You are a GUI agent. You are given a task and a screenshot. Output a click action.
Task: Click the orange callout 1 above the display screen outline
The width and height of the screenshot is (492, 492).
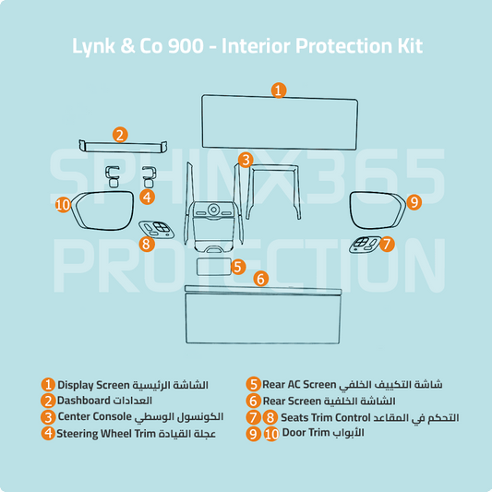279,90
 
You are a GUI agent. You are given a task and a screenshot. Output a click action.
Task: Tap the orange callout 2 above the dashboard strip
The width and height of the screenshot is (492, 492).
120,135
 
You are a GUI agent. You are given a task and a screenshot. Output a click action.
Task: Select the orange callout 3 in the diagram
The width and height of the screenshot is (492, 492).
246,160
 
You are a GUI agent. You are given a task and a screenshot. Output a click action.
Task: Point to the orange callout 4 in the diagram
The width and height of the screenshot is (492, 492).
147,197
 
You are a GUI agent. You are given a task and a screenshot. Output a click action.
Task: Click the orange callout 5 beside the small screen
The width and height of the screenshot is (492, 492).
238,267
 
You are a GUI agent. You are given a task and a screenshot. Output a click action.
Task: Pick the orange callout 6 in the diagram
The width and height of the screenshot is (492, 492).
260,279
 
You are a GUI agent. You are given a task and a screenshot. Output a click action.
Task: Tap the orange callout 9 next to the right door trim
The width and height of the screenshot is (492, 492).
414,202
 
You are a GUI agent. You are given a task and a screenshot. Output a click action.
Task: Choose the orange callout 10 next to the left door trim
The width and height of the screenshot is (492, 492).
63,205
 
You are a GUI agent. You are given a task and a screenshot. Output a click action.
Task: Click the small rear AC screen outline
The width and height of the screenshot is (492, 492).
213,267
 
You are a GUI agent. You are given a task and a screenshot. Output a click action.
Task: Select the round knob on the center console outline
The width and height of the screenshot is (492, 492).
213,209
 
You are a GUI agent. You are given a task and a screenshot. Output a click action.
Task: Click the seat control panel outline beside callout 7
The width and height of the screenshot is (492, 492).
365,245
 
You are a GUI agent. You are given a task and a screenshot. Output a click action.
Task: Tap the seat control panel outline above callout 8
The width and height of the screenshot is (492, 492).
157,230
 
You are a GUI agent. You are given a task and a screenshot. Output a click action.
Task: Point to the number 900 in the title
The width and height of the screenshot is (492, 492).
186,46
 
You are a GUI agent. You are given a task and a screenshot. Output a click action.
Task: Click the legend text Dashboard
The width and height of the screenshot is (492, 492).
83,401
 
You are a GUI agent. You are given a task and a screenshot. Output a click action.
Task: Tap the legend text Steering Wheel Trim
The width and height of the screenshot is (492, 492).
106,434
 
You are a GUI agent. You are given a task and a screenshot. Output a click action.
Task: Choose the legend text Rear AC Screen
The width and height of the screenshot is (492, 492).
299,384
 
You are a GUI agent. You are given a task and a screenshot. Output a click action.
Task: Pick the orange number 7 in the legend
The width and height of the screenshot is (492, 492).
253,417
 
